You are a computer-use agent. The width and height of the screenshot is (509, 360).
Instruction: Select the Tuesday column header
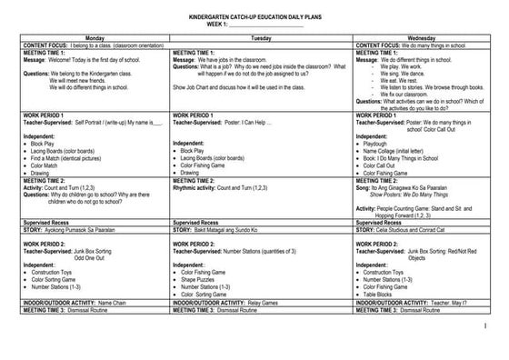click(x=262, y=38)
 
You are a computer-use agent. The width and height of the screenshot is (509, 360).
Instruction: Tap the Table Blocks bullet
click(x=379, y=293)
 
